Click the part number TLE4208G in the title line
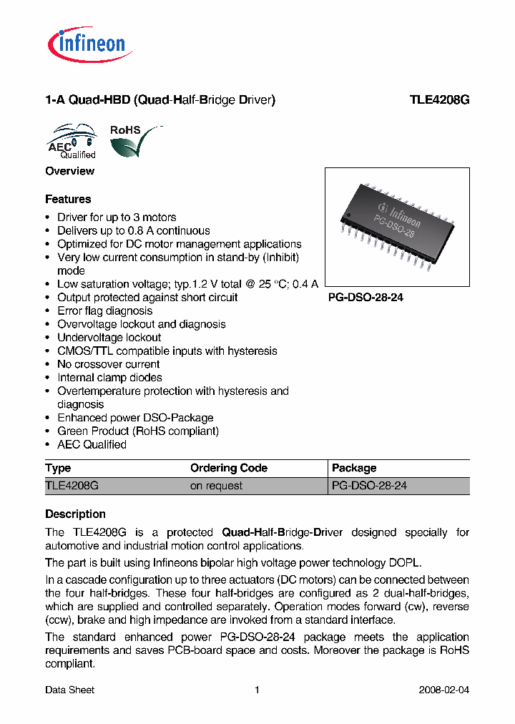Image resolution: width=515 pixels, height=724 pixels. tap(438, 101)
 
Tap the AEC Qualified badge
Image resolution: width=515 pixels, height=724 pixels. tap(72, 142)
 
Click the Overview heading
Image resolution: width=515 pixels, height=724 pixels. tap(69, 171)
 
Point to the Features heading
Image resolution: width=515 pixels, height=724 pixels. tap(68, 199)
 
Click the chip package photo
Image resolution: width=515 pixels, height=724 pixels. tap(397, 227)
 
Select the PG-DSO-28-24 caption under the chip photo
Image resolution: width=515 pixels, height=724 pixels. tap(366, 298)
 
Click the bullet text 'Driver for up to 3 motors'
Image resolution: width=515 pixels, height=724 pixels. tap(117, 217)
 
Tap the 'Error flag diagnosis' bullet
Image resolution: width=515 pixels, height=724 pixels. tap(104, 310)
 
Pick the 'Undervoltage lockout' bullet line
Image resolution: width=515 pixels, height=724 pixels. tap(109, 338)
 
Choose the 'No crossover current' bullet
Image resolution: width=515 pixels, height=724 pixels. tap(108, 364)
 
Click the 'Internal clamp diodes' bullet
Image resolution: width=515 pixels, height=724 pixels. tap(109, 378)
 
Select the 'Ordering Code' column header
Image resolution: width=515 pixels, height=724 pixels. tap(228, 468)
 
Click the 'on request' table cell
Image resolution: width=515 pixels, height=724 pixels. tap(216, 486)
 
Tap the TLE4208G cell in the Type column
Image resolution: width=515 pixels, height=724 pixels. tap(72, 486)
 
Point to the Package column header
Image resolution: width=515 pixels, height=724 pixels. tap(354, 468)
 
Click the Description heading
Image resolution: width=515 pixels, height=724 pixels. tap(75, 514)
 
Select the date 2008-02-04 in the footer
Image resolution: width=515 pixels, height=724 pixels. tap(443, 690)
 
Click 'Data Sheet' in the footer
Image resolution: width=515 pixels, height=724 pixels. tap(69, 690)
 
